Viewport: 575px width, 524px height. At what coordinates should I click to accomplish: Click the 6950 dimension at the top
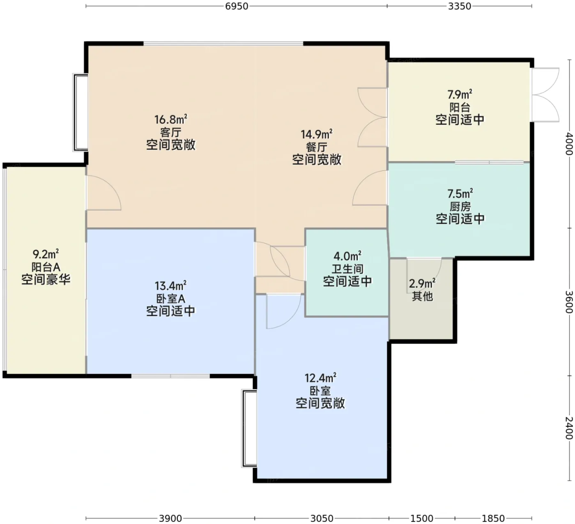tap(237, 6)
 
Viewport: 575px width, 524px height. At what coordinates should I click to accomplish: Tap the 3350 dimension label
tap(460, 6)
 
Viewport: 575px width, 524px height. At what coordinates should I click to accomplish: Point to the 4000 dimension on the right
tap(569, 143)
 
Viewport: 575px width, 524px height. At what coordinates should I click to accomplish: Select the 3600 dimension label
tap(569, 302)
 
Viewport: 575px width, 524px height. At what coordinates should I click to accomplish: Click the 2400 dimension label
tap(569, 428)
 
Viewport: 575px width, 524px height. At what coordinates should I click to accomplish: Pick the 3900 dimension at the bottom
tap(170, 518)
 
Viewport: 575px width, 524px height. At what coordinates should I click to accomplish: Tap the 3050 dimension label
tap(322, 518)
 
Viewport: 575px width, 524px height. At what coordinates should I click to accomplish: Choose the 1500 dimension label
tap(422, 518)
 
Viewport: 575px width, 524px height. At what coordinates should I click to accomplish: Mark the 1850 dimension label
tap(493, 518)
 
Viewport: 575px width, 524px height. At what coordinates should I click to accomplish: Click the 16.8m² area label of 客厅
tap(171, 119)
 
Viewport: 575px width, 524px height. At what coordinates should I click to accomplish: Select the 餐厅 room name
tap(316, 147)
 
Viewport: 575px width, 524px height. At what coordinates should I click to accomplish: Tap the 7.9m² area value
tap(460, 94)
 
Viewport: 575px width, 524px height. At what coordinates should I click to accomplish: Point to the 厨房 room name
tap(460, 207)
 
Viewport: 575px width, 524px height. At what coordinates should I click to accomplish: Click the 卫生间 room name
tap(347, 269)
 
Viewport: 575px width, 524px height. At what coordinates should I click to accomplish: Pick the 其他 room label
tap(422, 296)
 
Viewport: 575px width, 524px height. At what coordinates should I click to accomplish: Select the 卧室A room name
tap(170, 299)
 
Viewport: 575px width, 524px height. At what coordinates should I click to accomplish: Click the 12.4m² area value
tap(320, 378)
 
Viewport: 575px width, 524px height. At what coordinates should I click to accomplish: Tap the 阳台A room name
tap(46, 267)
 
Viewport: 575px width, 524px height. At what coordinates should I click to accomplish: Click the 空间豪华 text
tap(46, 280)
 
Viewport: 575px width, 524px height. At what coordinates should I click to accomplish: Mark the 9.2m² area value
tap(46, 254)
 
